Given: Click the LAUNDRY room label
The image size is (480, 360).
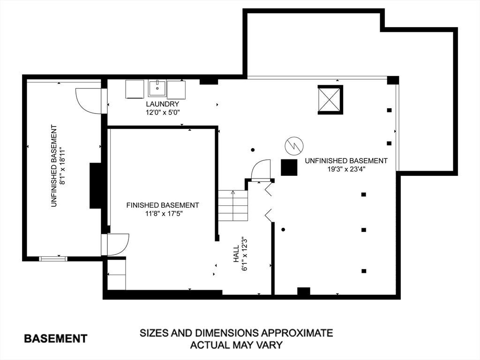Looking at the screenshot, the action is coord(162,104).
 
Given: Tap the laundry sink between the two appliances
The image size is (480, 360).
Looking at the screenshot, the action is coord(157,88).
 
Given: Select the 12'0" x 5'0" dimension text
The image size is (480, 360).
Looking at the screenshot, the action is coord(162,112).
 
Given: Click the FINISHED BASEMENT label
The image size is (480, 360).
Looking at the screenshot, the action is coord(163,205).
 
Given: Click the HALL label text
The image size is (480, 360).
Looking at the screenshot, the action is coord(236,254).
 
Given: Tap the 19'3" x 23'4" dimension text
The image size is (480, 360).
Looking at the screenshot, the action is coord(346,169).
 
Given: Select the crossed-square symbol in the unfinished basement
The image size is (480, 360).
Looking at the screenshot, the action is coord(330,100).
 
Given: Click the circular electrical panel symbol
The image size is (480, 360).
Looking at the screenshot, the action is coord(294,146).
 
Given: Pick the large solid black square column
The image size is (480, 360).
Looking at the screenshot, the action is coord(289,167).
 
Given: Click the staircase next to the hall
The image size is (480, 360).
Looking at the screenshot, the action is coord(232,205).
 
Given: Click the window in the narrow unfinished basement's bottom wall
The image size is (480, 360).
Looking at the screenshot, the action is coord(53,259).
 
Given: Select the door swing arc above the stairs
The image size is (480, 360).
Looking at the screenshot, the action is coord(261,169).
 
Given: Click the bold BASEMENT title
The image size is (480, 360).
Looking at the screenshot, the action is coord(56,338).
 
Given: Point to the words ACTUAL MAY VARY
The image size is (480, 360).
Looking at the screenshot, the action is coord(236,345).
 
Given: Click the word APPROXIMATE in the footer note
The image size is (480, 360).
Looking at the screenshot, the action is coord(297,333).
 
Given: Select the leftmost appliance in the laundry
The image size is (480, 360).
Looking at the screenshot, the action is coord(135,89).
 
